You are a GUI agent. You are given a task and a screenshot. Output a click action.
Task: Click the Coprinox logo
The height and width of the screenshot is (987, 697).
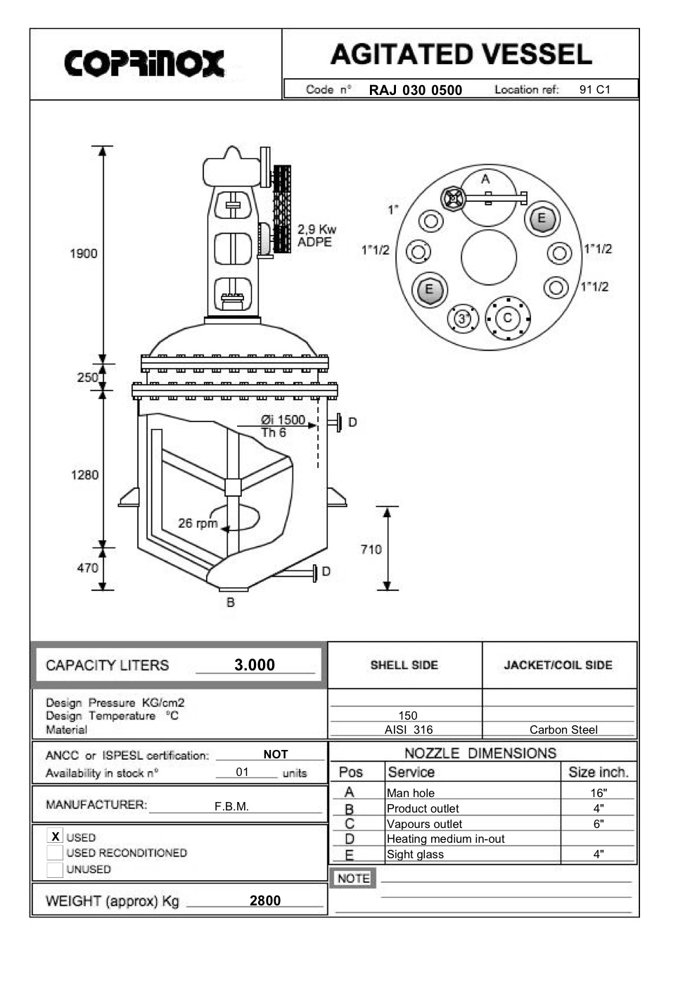tap(144, 63)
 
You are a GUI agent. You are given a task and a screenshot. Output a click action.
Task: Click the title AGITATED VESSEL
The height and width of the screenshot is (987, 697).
tap(461, 55)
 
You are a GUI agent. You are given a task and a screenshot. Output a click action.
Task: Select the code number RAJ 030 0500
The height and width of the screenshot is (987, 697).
tap(415, 90)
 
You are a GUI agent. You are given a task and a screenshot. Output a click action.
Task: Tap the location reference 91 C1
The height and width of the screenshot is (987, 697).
tap(594, 89)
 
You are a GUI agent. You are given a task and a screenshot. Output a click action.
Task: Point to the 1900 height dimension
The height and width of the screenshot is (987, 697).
tap(83, 253)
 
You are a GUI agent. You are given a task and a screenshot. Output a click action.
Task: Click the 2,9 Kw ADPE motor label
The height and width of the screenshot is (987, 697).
tap(316, 236)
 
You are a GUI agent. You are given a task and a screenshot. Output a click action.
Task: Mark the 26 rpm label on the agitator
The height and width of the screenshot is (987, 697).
tap(197, 523)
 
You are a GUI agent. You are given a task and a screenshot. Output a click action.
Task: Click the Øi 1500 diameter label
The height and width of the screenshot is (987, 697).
tap(283, 420)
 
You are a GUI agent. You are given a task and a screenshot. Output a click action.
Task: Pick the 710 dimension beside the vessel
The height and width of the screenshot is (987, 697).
tap(371, 549)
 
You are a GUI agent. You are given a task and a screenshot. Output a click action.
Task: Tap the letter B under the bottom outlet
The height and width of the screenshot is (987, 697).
tap(230, 603)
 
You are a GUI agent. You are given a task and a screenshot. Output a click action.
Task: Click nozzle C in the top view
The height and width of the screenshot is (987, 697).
tap(508, 318)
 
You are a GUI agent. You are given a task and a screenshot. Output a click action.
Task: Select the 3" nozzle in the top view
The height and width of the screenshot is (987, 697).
tap(463, 319)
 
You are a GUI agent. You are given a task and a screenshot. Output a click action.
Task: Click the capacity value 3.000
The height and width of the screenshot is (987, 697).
tap(254, 665)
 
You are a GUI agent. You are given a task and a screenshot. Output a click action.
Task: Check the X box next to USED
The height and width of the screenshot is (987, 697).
tap(55, 836)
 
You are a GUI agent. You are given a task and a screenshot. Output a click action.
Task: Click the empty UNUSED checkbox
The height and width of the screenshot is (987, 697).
tap(55, 870)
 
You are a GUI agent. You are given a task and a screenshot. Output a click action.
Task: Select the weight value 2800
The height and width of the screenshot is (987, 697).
tap(264, 900)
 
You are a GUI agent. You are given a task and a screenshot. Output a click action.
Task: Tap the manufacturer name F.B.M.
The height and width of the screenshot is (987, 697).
tap(231, 806)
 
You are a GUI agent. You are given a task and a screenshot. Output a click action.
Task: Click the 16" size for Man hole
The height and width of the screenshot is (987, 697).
tap(598, 793)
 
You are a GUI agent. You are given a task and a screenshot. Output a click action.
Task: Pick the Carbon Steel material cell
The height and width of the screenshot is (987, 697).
tap(563, 730)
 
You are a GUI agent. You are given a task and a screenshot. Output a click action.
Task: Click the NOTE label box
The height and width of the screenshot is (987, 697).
tap(353, 879)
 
